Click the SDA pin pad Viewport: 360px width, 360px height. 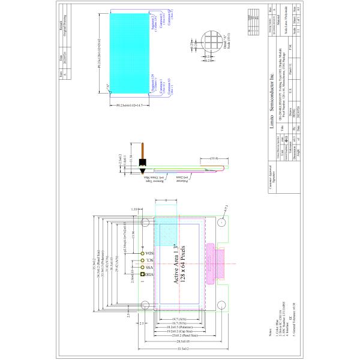tap(143, 253)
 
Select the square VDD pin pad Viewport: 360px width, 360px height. tap(143, 275)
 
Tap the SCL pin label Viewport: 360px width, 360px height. tap(150, 260)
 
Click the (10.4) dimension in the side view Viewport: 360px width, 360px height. tap(214, 158)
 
